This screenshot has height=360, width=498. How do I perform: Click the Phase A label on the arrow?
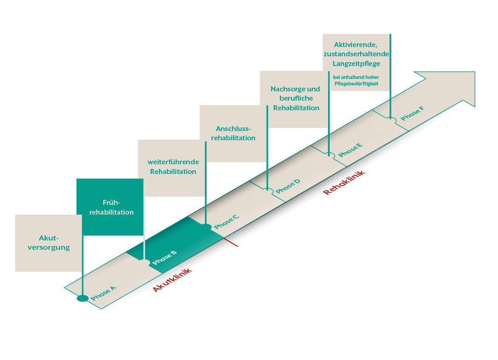pos(103,294)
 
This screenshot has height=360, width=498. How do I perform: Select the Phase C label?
pos(226,222)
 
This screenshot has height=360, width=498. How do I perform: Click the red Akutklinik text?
pos(172,281)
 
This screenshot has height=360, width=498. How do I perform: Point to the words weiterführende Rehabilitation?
pos(173,167)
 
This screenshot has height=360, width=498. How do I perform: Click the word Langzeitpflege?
pos(356,63)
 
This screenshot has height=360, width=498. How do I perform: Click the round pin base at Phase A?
pos(83,298)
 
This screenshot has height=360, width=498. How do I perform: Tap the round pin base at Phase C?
pos(206,227)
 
